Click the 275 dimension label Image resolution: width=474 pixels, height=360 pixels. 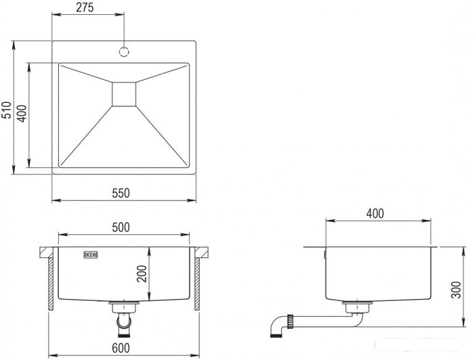coord(85,7)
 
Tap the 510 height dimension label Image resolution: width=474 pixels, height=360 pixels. coord(7,110)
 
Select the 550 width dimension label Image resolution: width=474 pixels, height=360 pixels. coord(121,193)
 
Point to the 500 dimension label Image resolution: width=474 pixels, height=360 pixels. coord(121,227)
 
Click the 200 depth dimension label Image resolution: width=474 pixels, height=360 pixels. coord(142,273)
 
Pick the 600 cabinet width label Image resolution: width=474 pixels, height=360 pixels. coord(121,348)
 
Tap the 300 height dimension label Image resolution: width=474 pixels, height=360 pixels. coord(456,290)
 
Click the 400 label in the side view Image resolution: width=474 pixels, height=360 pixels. coord(375,214)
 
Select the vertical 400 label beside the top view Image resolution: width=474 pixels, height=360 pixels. coord(22,114)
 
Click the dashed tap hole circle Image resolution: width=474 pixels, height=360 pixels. coord(124,51)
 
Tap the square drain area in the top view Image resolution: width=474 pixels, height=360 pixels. coord(124,94)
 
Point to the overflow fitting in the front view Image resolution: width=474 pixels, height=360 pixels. coord(91,255)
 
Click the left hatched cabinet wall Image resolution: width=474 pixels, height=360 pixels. coord(51,284)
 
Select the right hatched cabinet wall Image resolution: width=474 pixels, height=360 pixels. coord(197,284)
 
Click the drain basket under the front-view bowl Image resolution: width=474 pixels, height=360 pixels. coord(124,307)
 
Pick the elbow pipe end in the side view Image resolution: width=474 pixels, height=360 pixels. coord(278,327)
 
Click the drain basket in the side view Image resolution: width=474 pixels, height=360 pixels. coord(358,307)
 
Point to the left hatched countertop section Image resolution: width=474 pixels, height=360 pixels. coord(46,252)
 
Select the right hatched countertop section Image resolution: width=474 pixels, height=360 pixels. coord(201,252)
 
